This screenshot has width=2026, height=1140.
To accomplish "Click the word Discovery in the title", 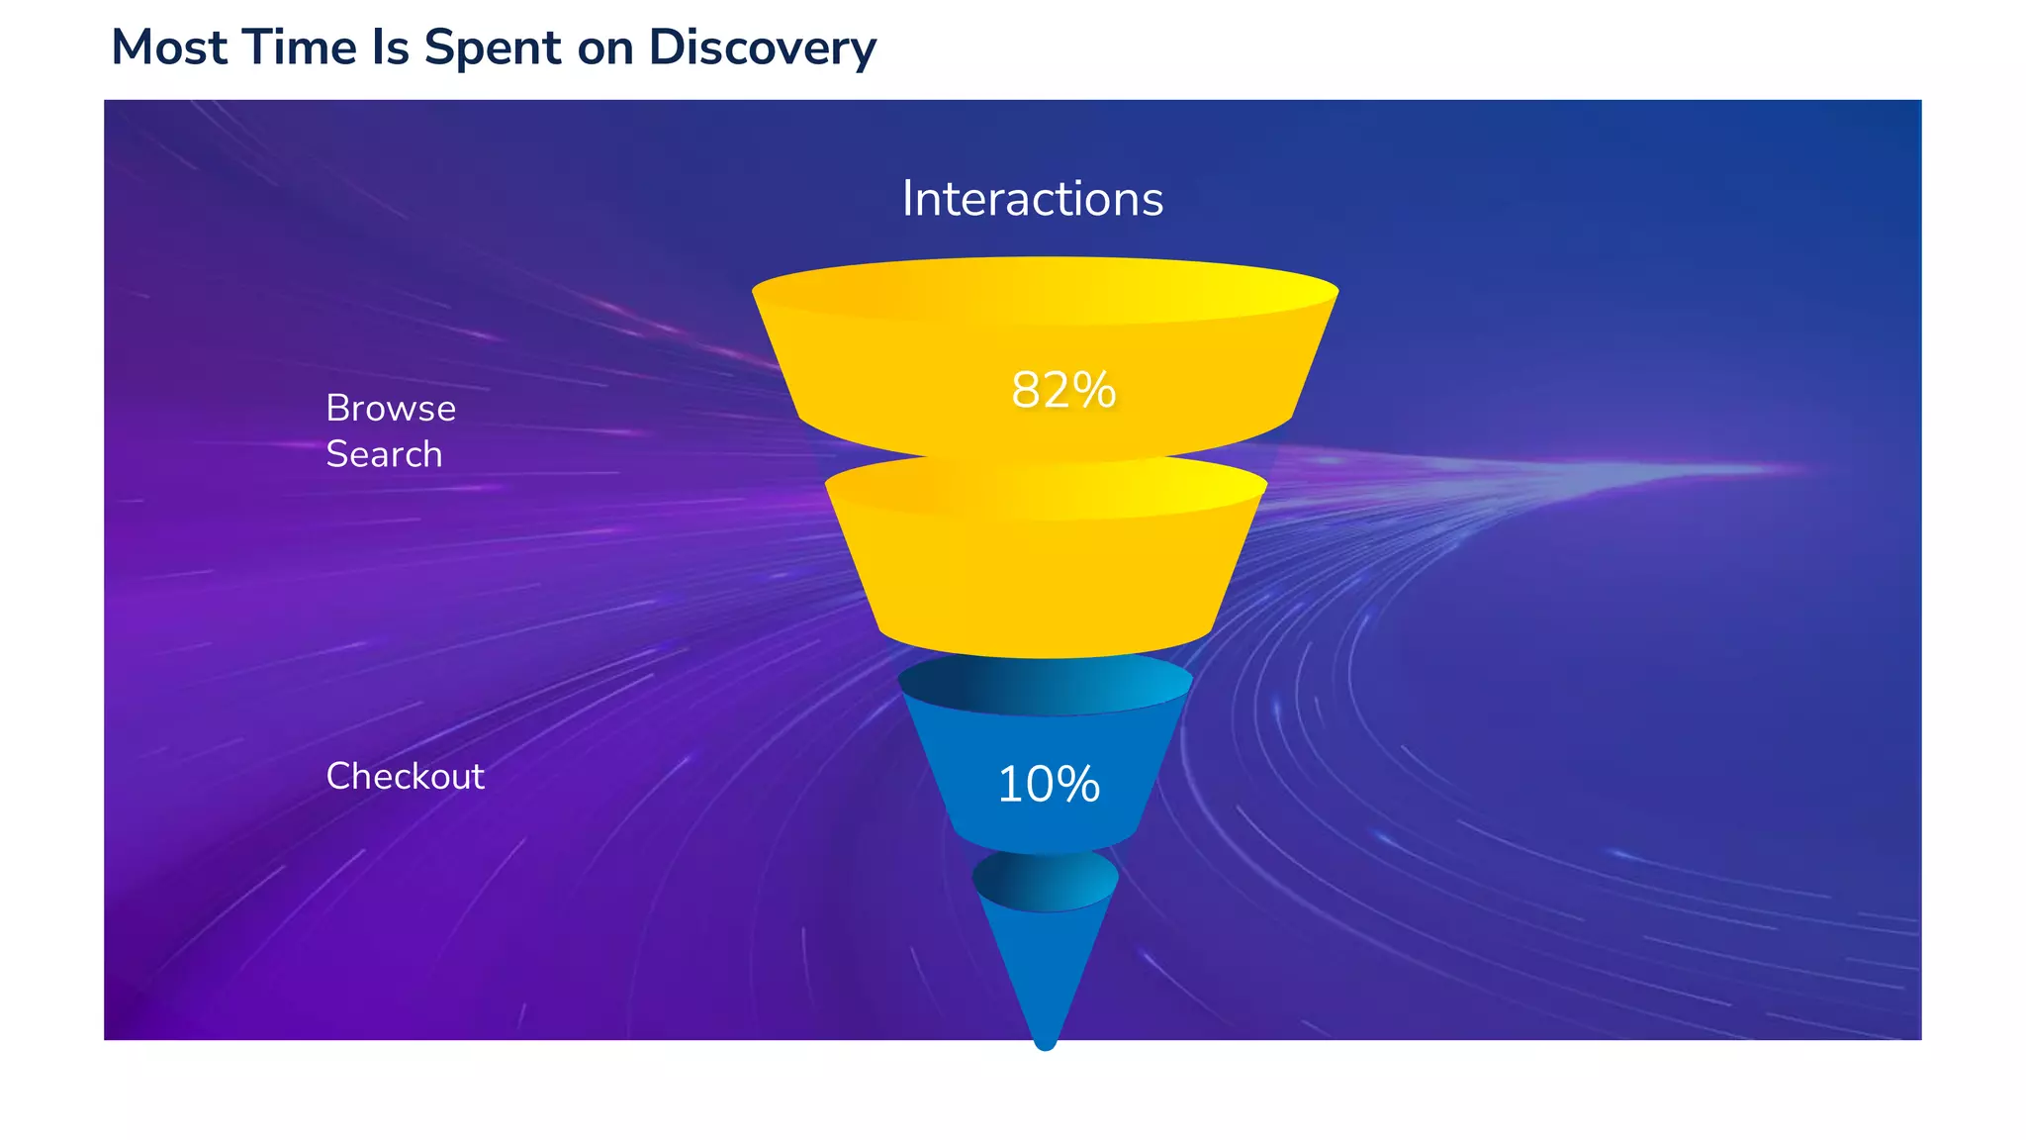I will point(762,47).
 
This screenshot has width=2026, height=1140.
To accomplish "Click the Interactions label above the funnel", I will point(1032,199).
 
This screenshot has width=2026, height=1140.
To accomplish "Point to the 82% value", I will point(1063,390).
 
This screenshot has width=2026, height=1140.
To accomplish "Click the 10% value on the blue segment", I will point(1048,785).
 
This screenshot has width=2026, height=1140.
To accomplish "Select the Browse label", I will point(391,409).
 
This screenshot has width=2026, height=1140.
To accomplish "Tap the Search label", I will point(384,454).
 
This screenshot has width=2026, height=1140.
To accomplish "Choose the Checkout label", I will point(405,777).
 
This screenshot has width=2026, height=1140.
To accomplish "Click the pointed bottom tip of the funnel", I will point(1045,1041).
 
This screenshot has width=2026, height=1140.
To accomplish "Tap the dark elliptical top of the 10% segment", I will point(1045,685).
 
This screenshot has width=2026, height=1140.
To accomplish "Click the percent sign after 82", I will point(1096,390).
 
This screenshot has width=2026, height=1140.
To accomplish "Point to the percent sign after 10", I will point(1079,785).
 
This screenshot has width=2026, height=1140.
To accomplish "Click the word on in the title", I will point(605,47).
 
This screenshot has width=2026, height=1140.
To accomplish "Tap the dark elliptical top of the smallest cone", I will point(1045,879).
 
